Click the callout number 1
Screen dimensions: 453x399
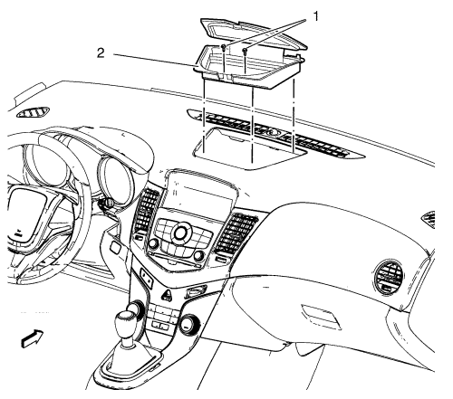pos(315,16)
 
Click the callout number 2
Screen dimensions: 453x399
pos(101,53)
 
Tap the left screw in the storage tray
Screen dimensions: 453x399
pos(223,47)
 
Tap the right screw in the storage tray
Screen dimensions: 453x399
pos(246,51)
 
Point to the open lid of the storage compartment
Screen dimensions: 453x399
pos(253,33)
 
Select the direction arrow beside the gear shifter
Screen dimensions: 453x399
pos(33,338)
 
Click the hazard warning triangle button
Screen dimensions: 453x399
pos(167,294)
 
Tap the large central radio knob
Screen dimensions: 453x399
pos(180,232)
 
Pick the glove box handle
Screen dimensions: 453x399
pos(321,317)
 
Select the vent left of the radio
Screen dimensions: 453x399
pos(147,210)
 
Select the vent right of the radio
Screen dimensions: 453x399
pos(235,233)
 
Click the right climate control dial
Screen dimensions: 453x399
pos(188,324)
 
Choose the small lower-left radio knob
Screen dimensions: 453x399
pos(154,242)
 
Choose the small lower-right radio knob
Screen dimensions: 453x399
pos(199,255)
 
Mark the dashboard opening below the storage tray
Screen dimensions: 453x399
pos(247,147)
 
